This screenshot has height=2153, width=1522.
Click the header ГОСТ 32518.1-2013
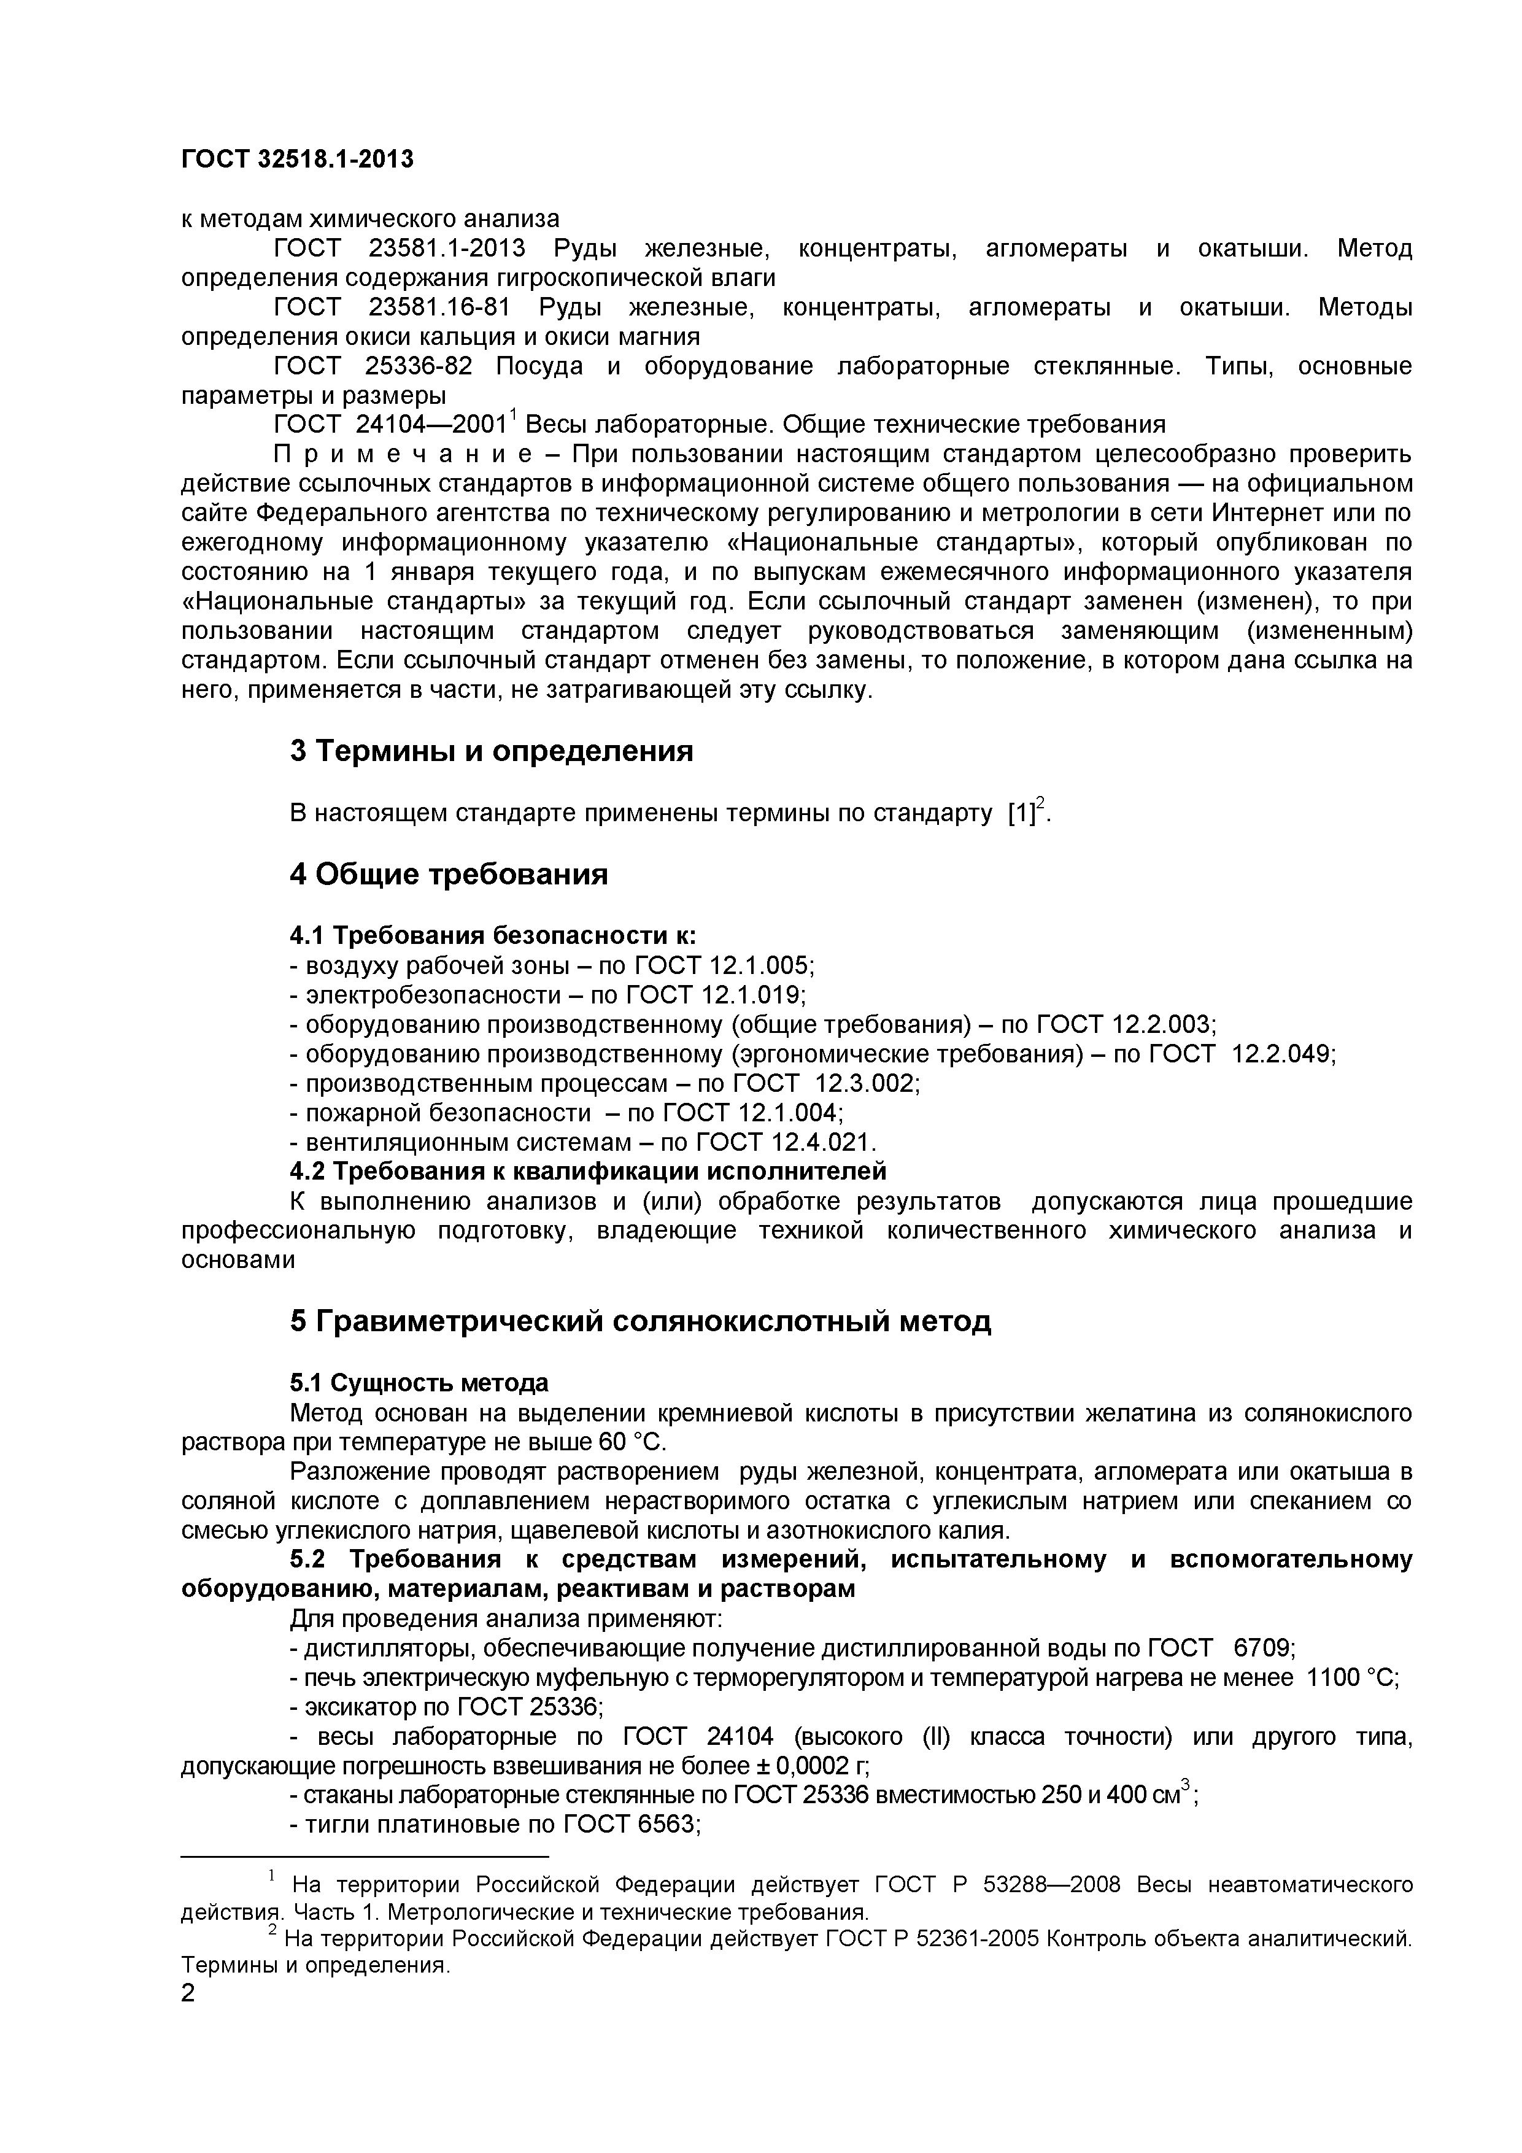pyautogui.click(x=296, y=160)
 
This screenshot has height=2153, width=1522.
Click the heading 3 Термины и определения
pyautogui.click(x=492, y=751)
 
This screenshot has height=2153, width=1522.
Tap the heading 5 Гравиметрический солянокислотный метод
pyautogui.click(x=639, y=1321)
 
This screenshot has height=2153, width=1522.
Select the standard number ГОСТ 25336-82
pyautogui.click(x=373, y=366)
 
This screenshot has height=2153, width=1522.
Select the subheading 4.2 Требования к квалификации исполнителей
pyautogui.click(x=587, y=1171)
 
